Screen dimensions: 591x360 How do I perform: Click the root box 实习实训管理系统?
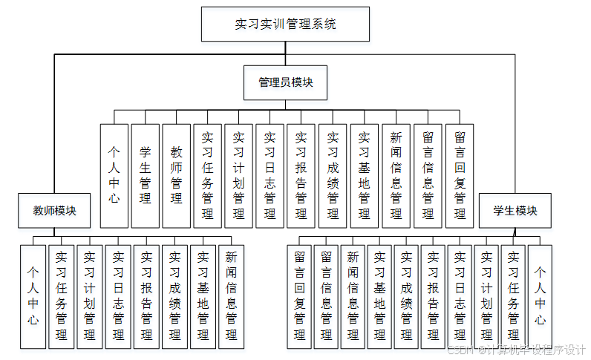(285, 24)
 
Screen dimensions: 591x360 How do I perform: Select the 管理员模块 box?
(285, 82)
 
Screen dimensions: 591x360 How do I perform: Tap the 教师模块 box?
(54, 211)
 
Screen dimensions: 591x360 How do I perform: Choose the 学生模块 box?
(515, 211)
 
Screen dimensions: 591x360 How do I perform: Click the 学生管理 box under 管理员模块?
(145, 175)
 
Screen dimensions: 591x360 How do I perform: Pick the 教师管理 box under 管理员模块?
(176, 175)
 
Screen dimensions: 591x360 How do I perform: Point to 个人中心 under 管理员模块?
(114, 175)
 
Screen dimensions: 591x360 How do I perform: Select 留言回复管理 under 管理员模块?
(460, 175)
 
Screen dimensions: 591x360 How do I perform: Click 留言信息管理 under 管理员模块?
(428, 175)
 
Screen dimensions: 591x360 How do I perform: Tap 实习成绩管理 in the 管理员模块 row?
(333, 175)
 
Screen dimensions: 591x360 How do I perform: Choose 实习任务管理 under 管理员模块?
(208, 175)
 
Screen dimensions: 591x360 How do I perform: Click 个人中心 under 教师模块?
(33, 296)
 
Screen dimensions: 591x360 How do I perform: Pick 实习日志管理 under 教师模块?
(118, 296)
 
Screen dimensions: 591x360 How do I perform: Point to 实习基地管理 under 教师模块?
(202, 296)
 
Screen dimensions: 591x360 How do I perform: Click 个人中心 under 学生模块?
(540, 296)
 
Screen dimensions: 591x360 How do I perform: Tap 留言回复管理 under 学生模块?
(299, 296)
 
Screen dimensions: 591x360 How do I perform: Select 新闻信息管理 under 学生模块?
(353, 296)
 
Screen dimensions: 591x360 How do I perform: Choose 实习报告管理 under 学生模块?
(433, 296)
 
